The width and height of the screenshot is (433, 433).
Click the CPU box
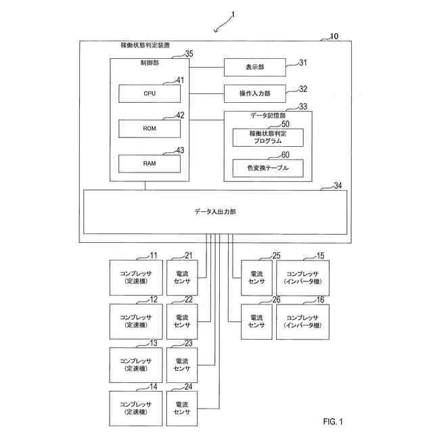click(x=150, y=93)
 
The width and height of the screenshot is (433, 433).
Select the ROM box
click(x=150, y=129)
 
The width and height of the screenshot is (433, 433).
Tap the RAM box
click(x=150, y=164)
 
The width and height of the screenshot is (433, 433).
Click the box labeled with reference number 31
click(x=254, y=67)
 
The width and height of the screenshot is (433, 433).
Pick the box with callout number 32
click(x=254, y=93)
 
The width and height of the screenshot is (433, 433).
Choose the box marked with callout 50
click(x=268, y=137)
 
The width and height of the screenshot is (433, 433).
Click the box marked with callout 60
click(x=268, y=168)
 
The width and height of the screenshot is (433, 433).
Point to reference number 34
click(x=338, y=185)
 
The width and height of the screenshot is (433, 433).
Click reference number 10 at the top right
click(x=334, y=36)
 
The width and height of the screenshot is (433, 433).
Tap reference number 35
click(x=189, y=54)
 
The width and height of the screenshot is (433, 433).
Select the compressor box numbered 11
click(x=136, y=277)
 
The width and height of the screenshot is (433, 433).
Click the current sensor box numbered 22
click(x=182, y=322)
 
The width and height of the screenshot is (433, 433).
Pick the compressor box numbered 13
click(x=136, y=365)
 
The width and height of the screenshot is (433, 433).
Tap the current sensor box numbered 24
click(x=182, y=409)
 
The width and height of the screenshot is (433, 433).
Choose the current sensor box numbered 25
click(x=256, y=278)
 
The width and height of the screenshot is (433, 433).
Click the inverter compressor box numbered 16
click(x=302, y=322)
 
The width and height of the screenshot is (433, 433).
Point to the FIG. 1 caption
click(x=333, y=421)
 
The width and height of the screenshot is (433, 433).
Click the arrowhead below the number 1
click(x=216, y=30)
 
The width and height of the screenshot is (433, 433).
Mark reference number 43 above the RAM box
click(x=180, y=150)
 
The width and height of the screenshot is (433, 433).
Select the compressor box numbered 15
click(x=302, y=278)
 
